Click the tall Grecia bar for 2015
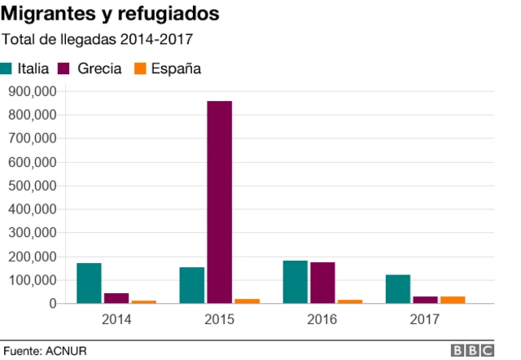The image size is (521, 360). pyautogui.click(x=219, y=202)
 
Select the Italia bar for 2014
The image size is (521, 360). pyautogui.click(x=89, y=283)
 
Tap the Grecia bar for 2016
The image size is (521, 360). pyautogui.click(x=322, y=283)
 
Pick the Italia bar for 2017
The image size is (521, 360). pyautogui.click(x=399, y=289)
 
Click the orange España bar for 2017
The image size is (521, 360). pyautogui.click(x=453, y=300)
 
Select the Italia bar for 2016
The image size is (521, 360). pyautogui.click(x=296, y=282)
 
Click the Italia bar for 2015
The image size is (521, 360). pyautogui.click(x=192, y=285)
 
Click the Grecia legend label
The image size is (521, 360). pyautogui.click(x=99, y=69)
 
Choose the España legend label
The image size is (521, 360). pyautogui.click(x=176, y=69)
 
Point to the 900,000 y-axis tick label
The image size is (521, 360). pyautogui.click(x=31, y=91)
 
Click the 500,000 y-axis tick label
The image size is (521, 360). pyautogui.click(x=31, y=186)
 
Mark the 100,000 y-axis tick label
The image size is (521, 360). pyautogui.click(x=31, y=280)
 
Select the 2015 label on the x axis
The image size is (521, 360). pyautogui.click(x=219, y=319)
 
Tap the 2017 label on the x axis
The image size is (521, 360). pyautogui.click(x=426, y=319)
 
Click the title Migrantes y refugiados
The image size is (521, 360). pyautogui.click(x=110, y=15)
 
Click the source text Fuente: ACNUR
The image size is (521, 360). pyautogui.click(x=45, y=350)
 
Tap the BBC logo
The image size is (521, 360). pyautogui.click(x=473, y=350)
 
